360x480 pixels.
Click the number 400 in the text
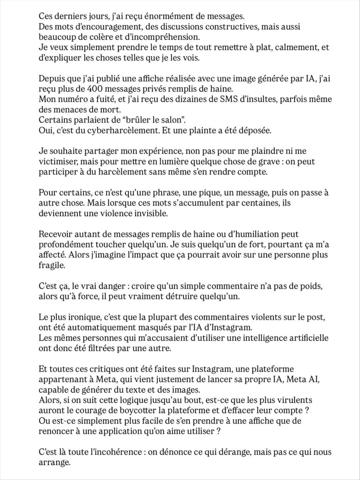tap(97, 89)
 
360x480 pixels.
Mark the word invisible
tap(148, 213)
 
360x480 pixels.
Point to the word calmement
tap(295, 47)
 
